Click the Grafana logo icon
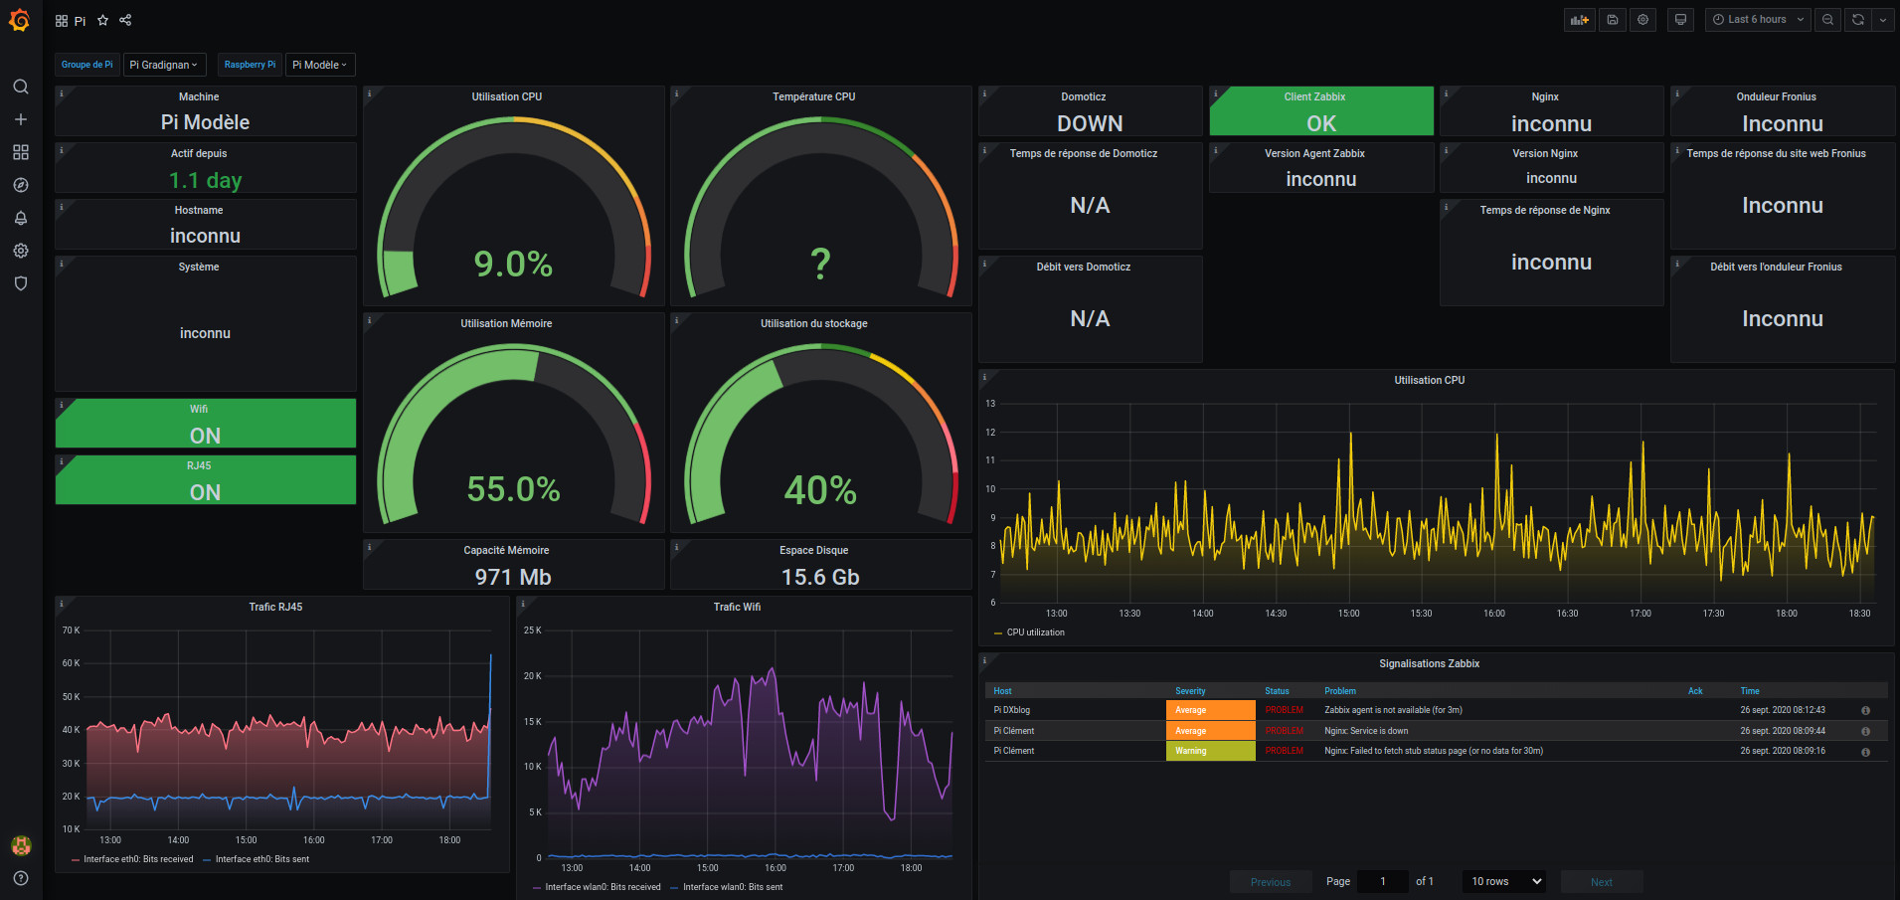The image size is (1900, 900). point(20,20)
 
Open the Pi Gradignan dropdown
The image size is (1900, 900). point(164,65)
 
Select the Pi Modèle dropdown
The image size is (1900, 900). point(319,65)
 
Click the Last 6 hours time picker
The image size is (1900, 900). point(1757,20)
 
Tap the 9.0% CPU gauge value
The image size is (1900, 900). point(513,264)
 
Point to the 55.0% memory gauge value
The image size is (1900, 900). point(513,489)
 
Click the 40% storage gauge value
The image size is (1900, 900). point(820,489)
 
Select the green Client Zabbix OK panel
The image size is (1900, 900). point(1320,111)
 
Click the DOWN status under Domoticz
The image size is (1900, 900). point(1090,123)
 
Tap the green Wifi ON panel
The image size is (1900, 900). point(205,425)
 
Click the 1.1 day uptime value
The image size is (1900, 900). point(205,180)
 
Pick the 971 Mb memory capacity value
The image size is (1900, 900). point(513,577)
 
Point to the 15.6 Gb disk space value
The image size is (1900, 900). point(820,577)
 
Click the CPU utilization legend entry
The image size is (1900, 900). point(1035,632)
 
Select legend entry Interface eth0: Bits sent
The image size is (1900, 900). point(261,859)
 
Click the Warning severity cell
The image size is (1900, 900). point(1210,751)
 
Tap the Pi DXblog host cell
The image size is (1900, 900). point(1012,710)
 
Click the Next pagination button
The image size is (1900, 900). point(1601,882)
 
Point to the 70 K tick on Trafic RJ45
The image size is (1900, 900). point(71,630)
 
